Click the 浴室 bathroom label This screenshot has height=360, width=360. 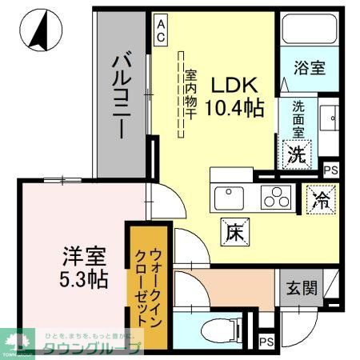tap(308, 68)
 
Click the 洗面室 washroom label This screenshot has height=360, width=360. tap(297, 118)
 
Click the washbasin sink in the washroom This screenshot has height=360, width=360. tap(330, 120)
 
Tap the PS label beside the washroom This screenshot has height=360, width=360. tap(330, 170)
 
